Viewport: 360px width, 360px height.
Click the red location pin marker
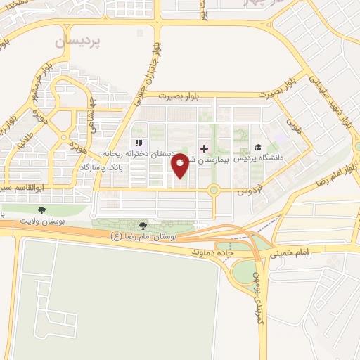click(181, 166)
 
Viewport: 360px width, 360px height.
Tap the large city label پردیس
click(77, 41)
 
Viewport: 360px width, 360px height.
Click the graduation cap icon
click(259, 148)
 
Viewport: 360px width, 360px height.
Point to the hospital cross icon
click(204, 149)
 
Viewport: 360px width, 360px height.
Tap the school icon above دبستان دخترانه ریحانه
click(138, 143)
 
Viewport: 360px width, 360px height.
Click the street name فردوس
click(247, 190)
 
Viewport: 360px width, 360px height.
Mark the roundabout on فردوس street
click(214, 190)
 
